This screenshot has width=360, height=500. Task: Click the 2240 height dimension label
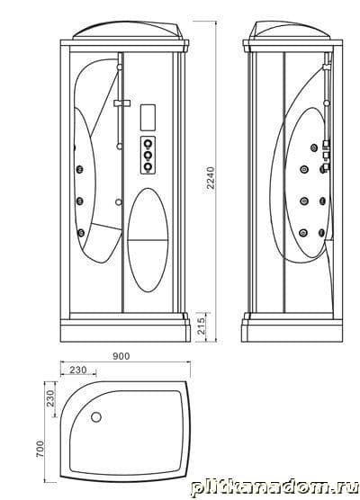coord(211,178)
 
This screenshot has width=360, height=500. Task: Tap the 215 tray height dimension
coord(202,326)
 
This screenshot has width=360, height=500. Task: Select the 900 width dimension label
coord(121,356)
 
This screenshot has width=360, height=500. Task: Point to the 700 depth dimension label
coord(40,449)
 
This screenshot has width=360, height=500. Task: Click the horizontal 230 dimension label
coord(78,370)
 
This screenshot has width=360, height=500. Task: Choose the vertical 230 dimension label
coord(50,398)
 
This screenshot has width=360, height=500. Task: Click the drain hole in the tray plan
coord(96,416)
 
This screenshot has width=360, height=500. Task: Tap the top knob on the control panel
coord(148,145)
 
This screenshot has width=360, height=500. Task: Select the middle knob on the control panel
coord(148,156)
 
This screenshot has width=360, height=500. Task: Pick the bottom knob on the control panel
coord(148,166)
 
